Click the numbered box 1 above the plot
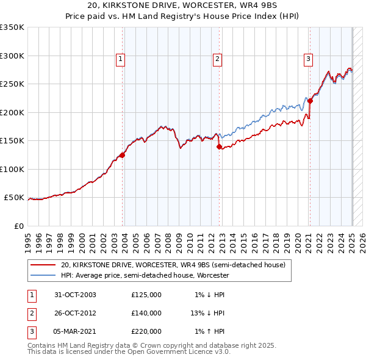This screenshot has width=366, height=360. (121, 59)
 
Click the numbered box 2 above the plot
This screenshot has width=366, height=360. (217, 59)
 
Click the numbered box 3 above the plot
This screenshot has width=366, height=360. (309, 59)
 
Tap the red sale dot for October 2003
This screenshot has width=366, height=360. (123, 155)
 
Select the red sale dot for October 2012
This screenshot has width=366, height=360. (219, 146)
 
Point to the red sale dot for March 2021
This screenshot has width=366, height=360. (310, 101)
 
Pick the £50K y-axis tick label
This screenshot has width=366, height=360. (15, 198)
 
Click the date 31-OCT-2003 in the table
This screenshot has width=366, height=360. (75, 295)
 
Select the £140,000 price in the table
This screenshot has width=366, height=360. (146, 313)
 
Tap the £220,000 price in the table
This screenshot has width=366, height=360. (146, 331)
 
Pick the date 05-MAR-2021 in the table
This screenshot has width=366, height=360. (75, 331)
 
